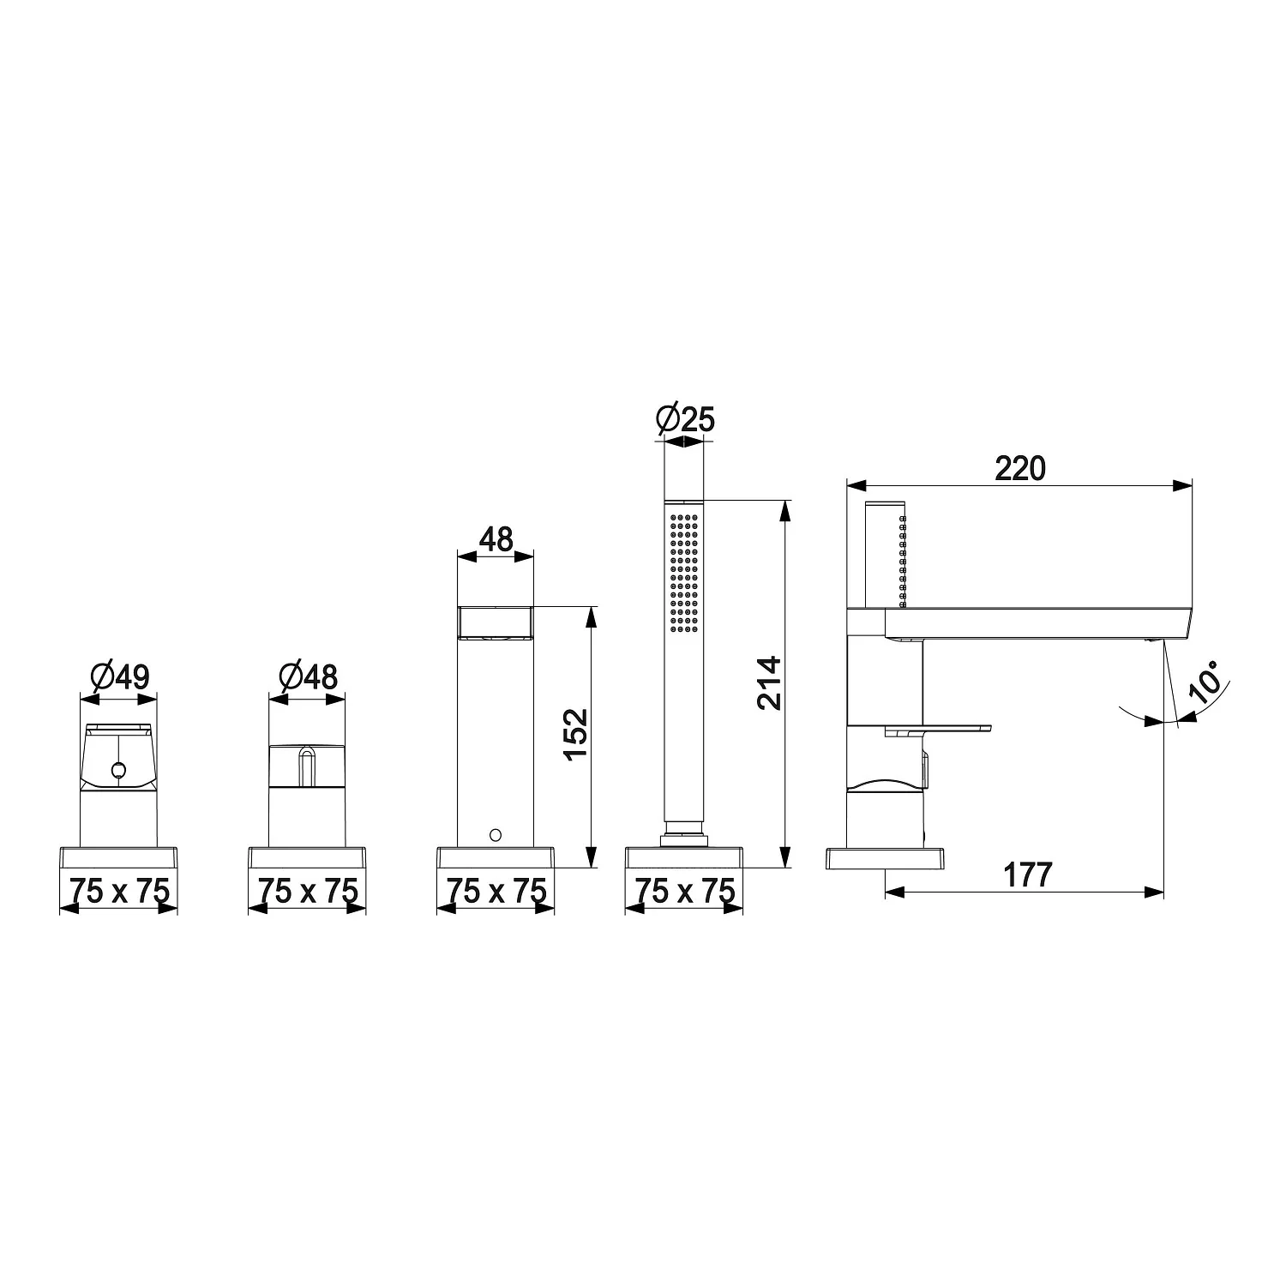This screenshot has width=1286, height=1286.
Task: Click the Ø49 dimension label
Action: tap(119, 678)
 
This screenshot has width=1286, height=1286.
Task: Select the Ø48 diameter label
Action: tap(309, 678)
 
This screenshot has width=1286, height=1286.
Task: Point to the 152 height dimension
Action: tap(575, 732)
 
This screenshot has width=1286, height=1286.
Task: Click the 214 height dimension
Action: tap(769, 682)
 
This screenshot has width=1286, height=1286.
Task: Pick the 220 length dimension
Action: tap(1020, 469)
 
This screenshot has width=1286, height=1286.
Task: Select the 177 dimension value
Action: tap(1026, 875)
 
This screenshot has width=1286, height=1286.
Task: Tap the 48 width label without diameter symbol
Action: tap(496, 539)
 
